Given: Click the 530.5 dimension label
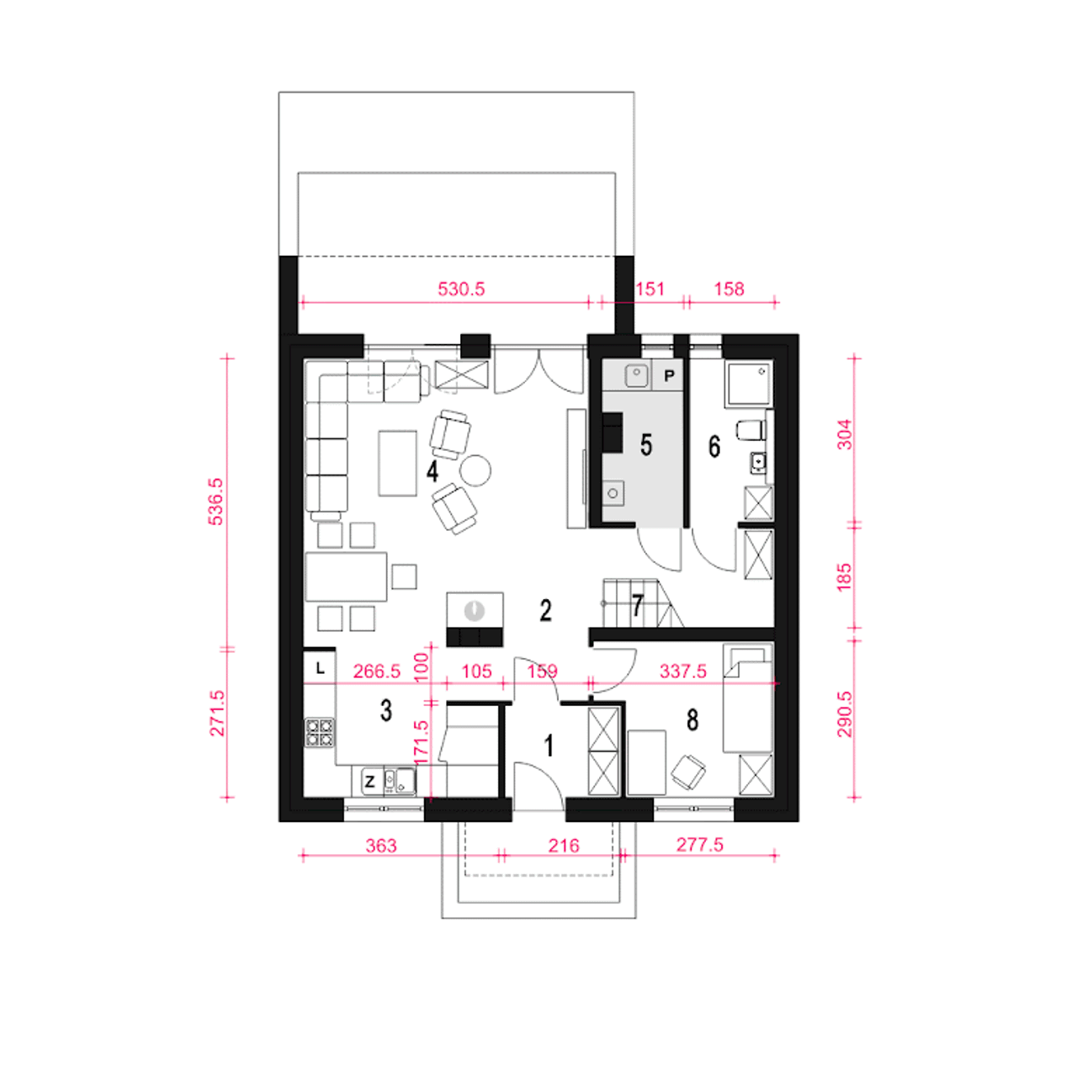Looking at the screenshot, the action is click(x=460, y=289).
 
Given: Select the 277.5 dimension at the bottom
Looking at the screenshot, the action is click(x=700, y=845).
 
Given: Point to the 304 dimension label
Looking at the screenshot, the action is click(x=845, y=434).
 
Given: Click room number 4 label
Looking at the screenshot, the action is click(x=432, y=471).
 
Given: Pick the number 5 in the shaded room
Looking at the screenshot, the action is click(x=646, y=445).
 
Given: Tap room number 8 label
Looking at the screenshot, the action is click(x=692, y=720).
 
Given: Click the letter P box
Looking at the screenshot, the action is click(x=669, y=375).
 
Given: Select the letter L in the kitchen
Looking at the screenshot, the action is click(x=320, y=668).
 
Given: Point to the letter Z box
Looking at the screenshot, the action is click(x=369, y=782).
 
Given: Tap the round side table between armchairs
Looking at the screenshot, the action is click(x=475, y=470).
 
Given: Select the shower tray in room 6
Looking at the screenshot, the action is click(x=748, y=383).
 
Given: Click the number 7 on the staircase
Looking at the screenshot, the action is click(x=637, y=605).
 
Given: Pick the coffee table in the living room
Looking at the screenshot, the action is click(x=397, y=464).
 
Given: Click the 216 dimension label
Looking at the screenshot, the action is click(x=564, y=846).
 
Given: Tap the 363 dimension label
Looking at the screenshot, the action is click(x=381, y=846).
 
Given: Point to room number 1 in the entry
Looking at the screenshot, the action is click(x=549, y=745).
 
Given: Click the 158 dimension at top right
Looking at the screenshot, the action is click(x=729, y=289).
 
